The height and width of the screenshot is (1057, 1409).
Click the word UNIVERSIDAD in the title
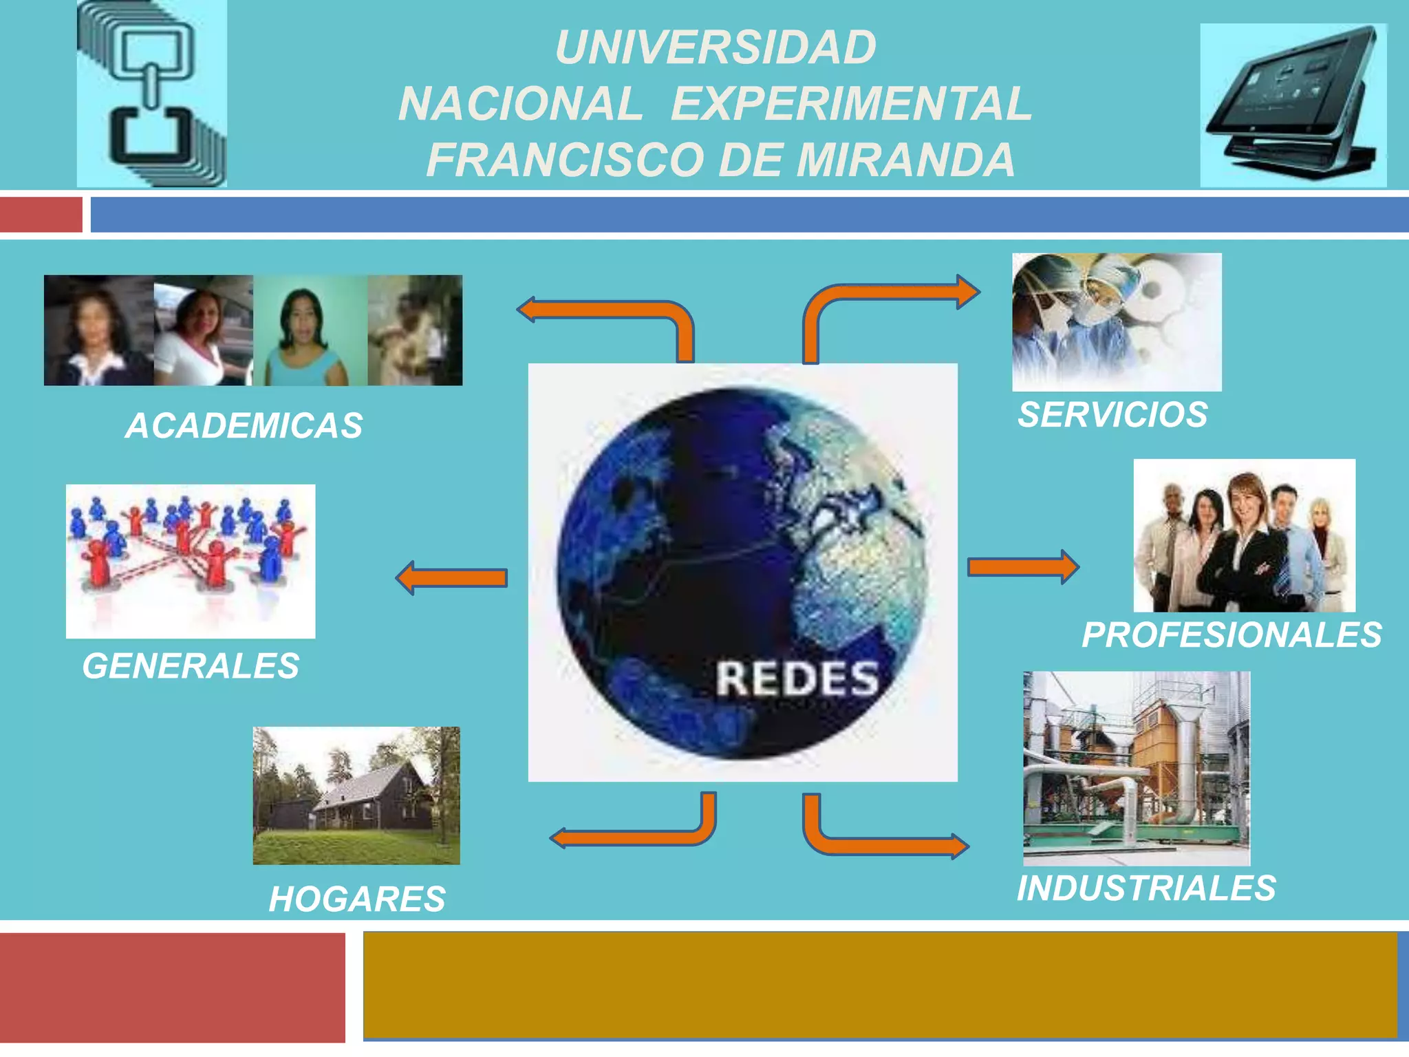coord(716,48)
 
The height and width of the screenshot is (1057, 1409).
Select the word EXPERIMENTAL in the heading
coord(851,105)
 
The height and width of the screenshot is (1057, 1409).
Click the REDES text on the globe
coord(797,679)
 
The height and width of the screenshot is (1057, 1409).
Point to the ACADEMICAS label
coord(244,426)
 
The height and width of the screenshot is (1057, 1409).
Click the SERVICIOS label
coord(1112,415)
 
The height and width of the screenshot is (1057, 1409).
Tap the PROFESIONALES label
coord(1231,635)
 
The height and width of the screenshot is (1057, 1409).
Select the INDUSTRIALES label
coord(1146,888)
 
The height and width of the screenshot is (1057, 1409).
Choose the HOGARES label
coord(357,899)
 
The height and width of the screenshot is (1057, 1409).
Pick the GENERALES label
coord(191,666)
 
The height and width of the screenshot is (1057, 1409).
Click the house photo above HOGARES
coord(356,796)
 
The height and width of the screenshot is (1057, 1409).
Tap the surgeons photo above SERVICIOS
coord(1116,322)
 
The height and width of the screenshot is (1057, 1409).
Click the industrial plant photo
coord(1136,768)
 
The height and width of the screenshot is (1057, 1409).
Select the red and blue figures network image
coord(191,561)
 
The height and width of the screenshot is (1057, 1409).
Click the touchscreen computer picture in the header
coord(1293,105)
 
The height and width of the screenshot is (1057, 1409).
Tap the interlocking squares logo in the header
coord(152,94)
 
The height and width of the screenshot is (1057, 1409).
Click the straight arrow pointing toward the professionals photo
coord(1022,567)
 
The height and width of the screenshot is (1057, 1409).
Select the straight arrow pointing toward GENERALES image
coord(452,578)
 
